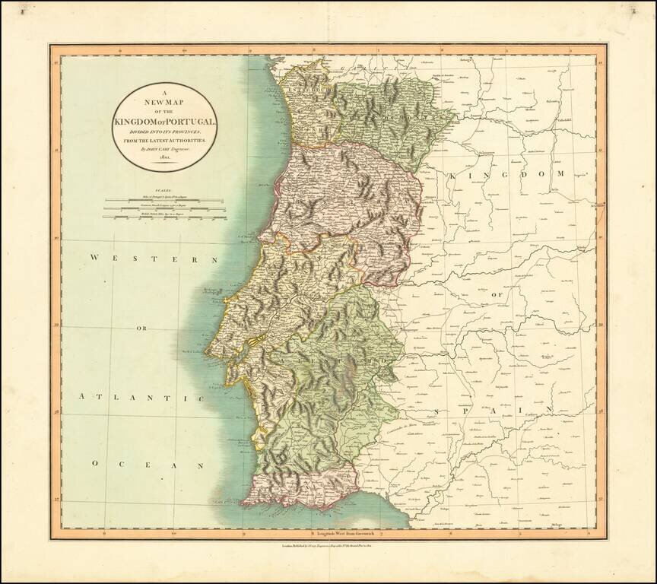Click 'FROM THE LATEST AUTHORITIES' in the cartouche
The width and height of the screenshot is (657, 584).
coord(164,141)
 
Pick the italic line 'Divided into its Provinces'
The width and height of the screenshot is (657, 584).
coord(164,132)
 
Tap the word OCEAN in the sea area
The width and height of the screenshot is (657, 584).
coord(148,464)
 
